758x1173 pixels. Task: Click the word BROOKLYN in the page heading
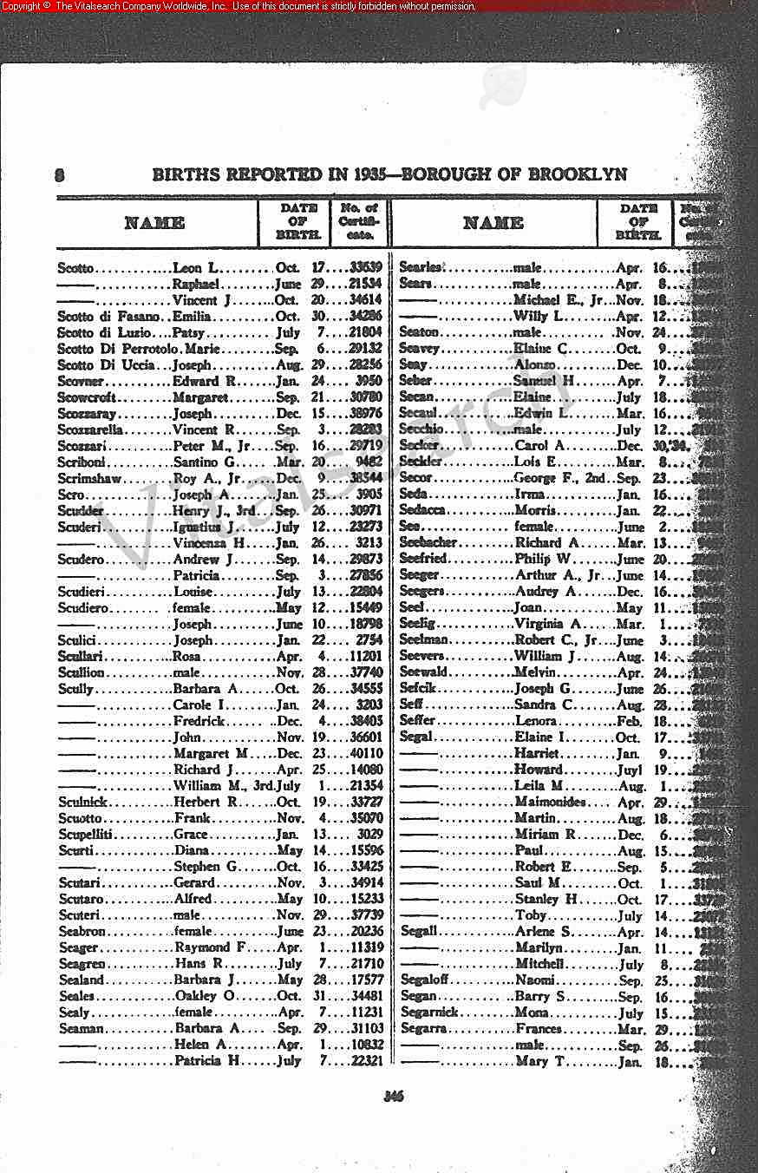578,174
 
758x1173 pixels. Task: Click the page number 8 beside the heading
59,174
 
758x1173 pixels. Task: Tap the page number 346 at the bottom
395,1096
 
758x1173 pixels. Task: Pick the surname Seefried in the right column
422,559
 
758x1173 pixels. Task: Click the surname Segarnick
428,1012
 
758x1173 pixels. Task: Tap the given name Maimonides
550,802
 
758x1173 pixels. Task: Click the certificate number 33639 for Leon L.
364,268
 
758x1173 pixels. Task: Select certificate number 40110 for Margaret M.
364,753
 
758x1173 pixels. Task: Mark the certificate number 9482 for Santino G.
368,462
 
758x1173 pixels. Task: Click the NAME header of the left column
155,223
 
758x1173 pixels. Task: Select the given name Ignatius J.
204,527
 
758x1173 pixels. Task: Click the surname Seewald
423,672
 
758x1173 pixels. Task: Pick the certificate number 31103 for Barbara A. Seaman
364,1028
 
